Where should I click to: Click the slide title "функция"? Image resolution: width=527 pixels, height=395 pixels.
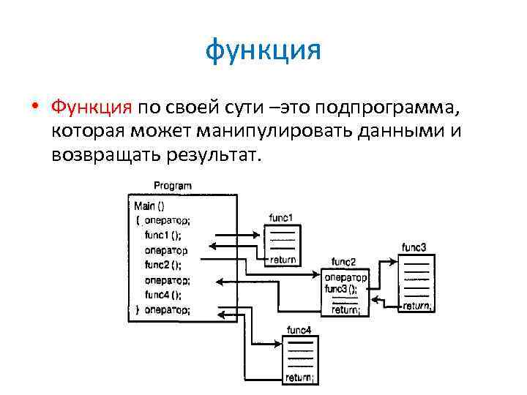(x=263, y=52)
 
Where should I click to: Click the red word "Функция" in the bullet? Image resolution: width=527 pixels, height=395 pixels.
(x=91, y=108)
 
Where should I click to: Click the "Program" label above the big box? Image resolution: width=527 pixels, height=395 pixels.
(x=173, y=187)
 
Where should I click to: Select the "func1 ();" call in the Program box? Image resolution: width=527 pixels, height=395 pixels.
(x=163, y=235)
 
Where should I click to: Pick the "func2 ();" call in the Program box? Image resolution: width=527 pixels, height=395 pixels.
(x=163, y=265)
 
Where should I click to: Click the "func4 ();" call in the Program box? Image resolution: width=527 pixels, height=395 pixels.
(x=163, y=295)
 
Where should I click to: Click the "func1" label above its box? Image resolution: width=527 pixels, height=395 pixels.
(x=281, y=218)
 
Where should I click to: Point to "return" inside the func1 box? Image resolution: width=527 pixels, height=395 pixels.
(x=283, y=260)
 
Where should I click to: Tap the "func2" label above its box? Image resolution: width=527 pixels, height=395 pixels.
(x=343, y=262)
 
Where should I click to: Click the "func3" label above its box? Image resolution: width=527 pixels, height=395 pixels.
(x=414, y=247)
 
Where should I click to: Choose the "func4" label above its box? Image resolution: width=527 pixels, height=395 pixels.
(x=299, y=331)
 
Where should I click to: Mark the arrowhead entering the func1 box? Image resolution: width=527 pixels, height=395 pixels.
(x=258, y=234)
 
